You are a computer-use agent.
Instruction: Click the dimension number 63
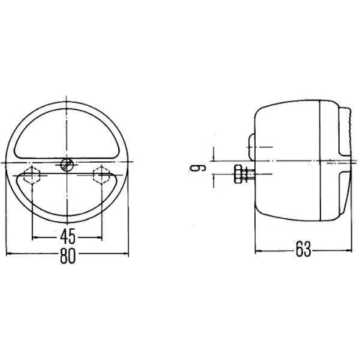[302, 251]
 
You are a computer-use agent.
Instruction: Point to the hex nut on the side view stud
[238, 173]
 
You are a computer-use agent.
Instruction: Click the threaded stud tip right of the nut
[248, 173]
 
